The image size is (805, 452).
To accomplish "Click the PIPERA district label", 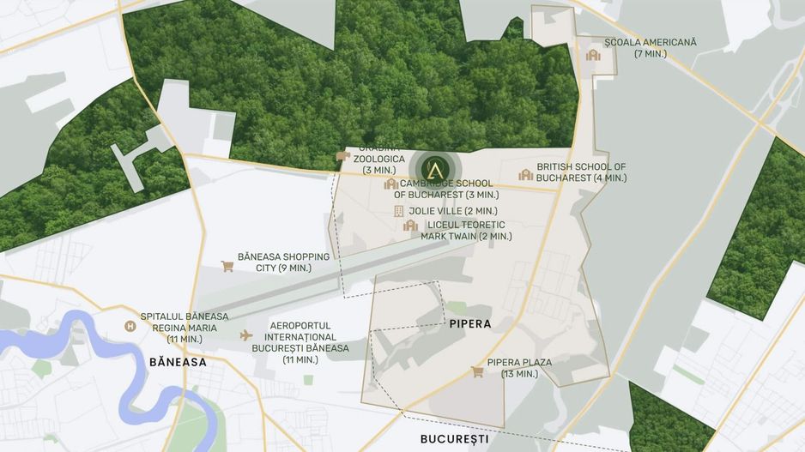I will pyautogui.click(x=469, y=324).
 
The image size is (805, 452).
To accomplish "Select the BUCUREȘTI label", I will pyautogui.click(x=454, y=438).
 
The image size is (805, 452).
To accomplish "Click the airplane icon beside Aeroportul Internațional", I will pyautogui.click(x=246, y=334).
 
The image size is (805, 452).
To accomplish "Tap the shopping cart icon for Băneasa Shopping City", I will pyautogui.click(x=227, y=266).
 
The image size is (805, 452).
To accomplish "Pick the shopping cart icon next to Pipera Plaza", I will pyautogui.click(x=477, y=371).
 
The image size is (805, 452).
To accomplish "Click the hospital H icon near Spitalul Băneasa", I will pyautogui.click(x=130, y=326).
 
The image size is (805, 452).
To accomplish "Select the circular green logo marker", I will pyautogui.click(x=434, y=166).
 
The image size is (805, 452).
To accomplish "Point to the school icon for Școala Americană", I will pyautogui.click(x=592, y=55).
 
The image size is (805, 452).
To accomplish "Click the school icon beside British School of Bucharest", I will pyautogui.click(x=525, y=175).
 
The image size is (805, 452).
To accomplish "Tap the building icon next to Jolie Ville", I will pyautogui.click(x=398, y=211).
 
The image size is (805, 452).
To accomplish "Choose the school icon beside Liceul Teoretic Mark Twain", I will pyautogui.click(x=410, y=226).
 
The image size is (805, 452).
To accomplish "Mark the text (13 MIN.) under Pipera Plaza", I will pyautogui.click(x=518, y=374).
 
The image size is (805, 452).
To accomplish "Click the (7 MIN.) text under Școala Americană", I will pyautogui.click(x=650, y=54).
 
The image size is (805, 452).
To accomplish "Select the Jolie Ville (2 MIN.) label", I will pyautogui.click(x=453, y=211).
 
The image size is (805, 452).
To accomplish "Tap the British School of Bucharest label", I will pyautogui.click(x=581, y=172).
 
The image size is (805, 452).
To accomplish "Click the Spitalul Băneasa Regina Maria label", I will pyautogui.click(x=185, y=322).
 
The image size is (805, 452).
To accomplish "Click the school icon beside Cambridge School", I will pyautogui.click(x=390, y=184).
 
